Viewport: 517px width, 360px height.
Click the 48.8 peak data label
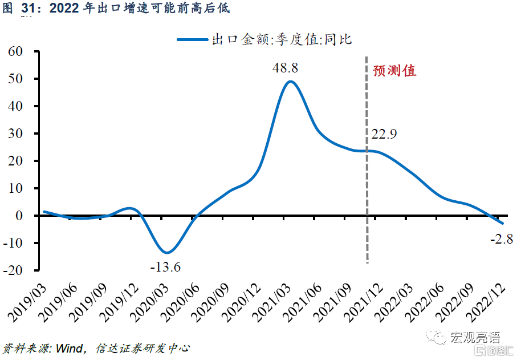tap(286, 68)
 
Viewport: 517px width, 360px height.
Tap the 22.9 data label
tap(384, 135)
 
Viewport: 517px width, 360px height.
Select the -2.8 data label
tap(502, 239)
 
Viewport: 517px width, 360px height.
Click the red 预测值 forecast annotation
tap(394, 71)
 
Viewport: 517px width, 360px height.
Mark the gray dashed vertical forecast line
tap(367, 171)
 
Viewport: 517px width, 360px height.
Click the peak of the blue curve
tap(290, 82)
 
